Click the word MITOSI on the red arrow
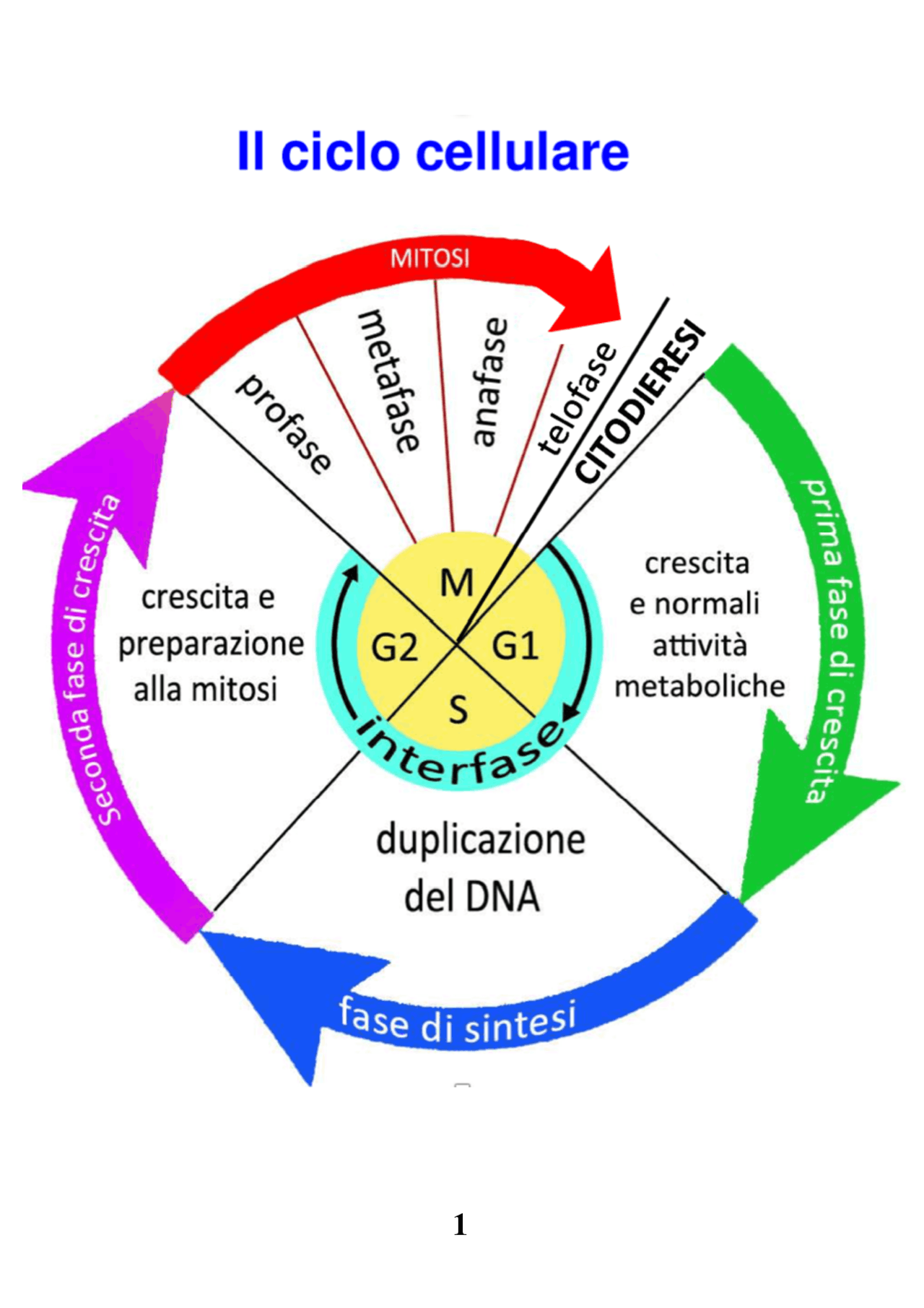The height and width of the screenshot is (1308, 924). tap(430, 258)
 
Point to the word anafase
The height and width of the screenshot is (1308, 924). tap(490, 381)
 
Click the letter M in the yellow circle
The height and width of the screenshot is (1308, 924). tap(456, 583)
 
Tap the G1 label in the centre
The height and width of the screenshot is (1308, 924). tap(515, 646)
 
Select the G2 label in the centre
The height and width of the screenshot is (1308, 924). tap(394, 647)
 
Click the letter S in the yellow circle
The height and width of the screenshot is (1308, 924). tap(458, 709)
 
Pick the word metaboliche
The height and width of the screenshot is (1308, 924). tap(699, 686)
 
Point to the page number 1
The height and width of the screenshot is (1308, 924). tap(460, 1224)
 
